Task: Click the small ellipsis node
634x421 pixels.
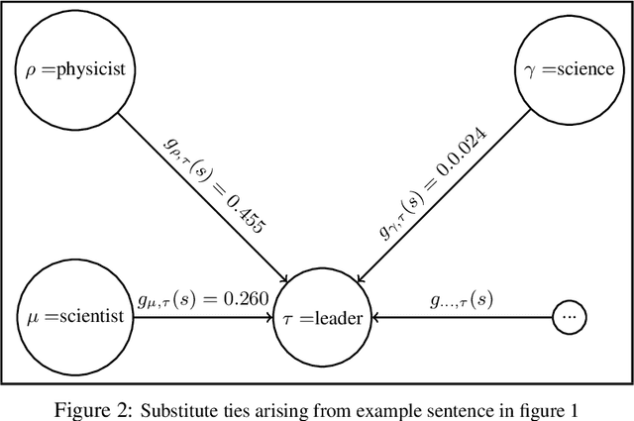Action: tap(570, 318)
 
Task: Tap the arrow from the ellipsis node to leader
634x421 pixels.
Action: tap(456, 319)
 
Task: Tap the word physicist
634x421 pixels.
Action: tap(90, 70)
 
